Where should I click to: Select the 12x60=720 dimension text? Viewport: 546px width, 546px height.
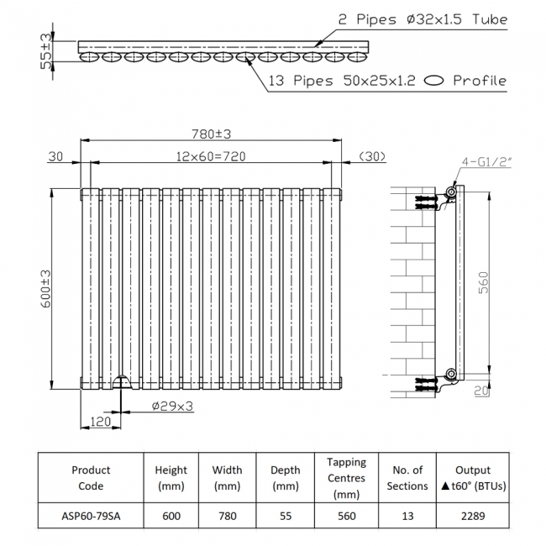pos(210,156)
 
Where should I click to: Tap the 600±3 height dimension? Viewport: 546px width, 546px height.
pos(46,286)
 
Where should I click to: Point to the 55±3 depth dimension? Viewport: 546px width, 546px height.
pos(47,51)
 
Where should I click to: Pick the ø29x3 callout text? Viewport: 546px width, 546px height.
pos(173,406)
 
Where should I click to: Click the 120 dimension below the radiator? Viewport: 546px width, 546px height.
pos(100,422)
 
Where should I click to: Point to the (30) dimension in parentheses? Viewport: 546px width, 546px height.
pos(371,156)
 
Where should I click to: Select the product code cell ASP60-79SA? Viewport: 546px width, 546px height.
pos(91,517)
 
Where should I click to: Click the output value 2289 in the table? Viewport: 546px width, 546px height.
pos(472,517)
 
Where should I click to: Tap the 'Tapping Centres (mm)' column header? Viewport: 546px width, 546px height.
pos(347,478)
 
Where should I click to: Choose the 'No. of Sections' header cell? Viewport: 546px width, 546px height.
pos(407,478)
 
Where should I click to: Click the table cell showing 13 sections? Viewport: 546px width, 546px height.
pos(407,517)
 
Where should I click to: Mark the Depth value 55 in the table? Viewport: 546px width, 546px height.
pos(286,517)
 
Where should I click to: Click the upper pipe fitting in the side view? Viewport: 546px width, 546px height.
pos(451,193)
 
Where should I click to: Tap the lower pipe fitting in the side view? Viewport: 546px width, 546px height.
pos(451,373)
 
